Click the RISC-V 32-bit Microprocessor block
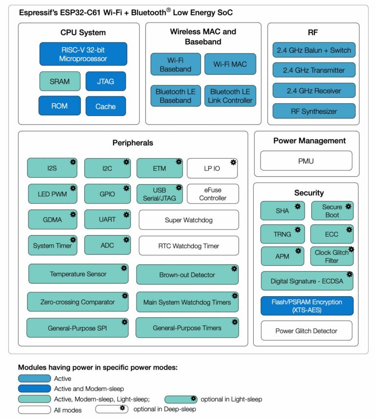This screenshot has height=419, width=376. pyautogui.click(x=83, y=54)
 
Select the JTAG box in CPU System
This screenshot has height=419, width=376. pyautogui.click(x=105, y=81)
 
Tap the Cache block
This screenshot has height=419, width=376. pyautogui.click(x=105, y=106)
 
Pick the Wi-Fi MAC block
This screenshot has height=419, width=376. pyautogui.click(x=230, y=64)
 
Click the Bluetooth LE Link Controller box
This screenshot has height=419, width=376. pyautogui.click(x=230, y=96)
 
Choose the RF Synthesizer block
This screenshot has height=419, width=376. pyautogui.click(x=314, y=111)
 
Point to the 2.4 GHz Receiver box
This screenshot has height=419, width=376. pyautogui.click(x=314, y=91)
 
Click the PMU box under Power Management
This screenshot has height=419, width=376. pyautogui.click(x=306, y=161)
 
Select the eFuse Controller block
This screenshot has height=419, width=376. pyautogui.click(x=212, y=194)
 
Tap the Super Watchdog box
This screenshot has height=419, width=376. pyautogui.click(x=188, y=220)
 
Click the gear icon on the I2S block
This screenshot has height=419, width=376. pyautogui.click(x=73, y=162)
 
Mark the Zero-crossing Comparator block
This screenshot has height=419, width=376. pyautogui.click(x=77, y=302)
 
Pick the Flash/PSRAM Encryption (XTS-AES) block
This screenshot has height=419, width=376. pyautogui.click(x=306, y=305)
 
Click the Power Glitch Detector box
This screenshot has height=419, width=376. pyautogui.click(x=306, y=330)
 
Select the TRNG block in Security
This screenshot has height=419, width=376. pyautogui.click(x=282, y=234)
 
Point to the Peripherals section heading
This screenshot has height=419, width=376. pyautogui.click(x=132, y=143)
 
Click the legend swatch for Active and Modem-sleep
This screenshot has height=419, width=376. pyautogui.click(x=34, y=389)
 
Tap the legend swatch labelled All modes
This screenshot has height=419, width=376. pyautogui.click(x=34, y=410)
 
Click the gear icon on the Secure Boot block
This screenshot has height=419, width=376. pyautogui.click(x=349, y=206)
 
